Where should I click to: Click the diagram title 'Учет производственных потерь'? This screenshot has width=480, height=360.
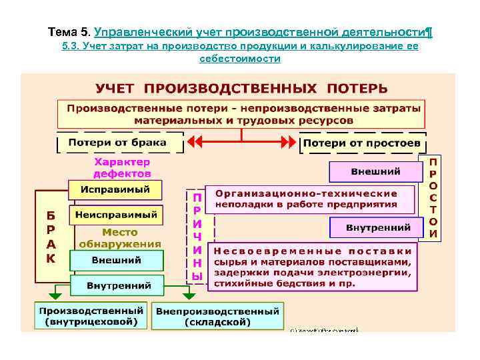tap(241, 88)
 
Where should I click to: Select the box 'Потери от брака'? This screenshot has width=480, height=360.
tap(121, 143)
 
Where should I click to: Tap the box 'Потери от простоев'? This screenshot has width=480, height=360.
tap(361, 143)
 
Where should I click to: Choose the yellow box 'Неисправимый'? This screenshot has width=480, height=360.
tap(116, 215)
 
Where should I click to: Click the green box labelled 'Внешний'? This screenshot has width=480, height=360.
tap(116, 260)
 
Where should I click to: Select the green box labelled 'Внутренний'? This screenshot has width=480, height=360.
tap(119, 285)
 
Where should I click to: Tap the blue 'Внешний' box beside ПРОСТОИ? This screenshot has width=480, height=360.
tap(375, 171)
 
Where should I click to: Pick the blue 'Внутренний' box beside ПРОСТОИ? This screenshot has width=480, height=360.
tap(377, 228)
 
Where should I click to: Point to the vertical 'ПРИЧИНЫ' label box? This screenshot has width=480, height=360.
tap(196, 237)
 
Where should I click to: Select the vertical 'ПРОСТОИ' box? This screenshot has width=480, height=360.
tap(433, 198)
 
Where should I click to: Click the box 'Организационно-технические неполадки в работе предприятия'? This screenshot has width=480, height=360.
tap(310, 199)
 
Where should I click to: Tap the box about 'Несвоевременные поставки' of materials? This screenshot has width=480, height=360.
tap(313, 267)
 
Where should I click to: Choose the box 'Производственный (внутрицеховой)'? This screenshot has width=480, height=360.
tap(91, 316)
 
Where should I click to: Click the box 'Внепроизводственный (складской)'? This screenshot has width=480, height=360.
tap(218, 316)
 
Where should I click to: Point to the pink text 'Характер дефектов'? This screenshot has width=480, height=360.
tap(122, 167)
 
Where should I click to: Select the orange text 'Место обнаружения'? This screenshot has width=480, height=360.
tap(120, 237)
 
